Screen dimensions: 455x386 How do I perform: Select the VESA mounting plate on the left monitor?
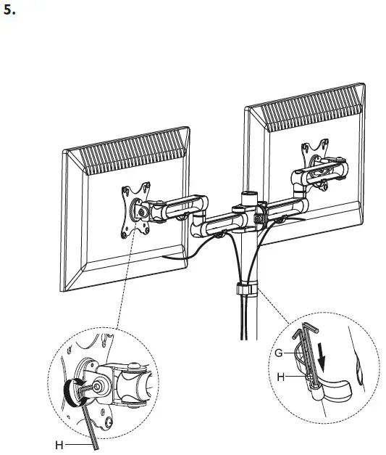click(135, 210)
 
